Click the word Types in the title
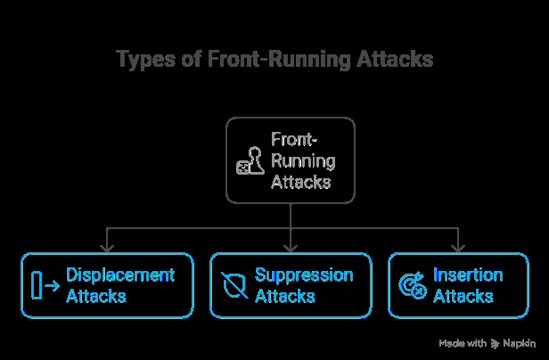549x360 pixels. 144,60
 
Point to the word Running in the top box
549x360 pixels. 303,161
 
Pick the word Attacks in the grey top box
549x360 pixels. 300,182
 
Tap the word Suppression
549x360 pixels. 303,274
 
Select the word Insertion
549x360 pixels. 468,274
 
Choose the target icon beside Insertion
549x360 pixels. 412,286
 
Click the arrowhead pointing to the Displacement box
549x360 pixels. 107,247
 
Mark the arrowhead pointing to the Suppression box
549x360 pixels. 291,247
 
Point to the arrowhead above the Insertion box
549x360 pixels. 458,247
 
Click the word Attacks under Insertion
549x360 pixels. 462,296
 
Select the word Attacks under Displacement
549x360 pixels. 95,296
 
